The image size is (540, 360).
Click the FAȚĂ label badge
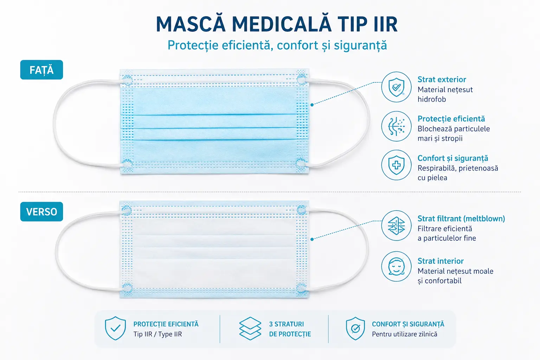click(41, 70)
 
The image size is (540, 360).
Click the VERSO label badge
click(41, 212)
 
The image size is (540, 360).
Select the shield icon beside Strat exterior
click(396, 87)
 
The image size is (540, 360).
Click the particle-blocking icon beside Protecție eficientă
click(396, 126)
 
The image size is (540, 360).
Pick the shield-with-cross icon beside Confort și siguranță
click(396, 165)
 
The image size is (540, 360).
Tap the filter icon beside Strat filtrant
click(396, 226)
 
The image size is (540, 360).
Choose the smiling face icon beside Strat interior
click(396, 266)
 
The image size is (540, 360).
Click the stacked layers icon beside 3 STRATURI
click(250, 328)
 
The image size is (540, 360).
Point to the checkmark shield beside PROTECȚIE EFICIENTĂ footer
click(115, 328)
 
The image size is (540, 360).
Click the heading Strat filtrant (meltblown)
click(461, 218)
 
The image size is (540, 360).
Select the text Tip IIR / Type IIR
click(157, 334)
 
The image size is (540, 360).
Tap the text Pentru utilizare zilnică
click(405, 334)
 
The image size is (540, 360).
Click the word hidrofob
click(432, 99)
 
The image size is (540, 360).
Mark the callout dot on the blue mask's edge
click(312, 105)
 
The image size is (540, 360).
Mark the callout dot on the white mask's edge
click(312, 239)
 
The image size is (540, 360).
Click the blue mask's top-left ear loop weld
click(127, 80)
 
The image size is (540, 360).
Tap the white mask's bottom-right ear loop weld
click(301, 288)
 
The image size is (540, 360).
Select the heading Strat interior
click(441, 261)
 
